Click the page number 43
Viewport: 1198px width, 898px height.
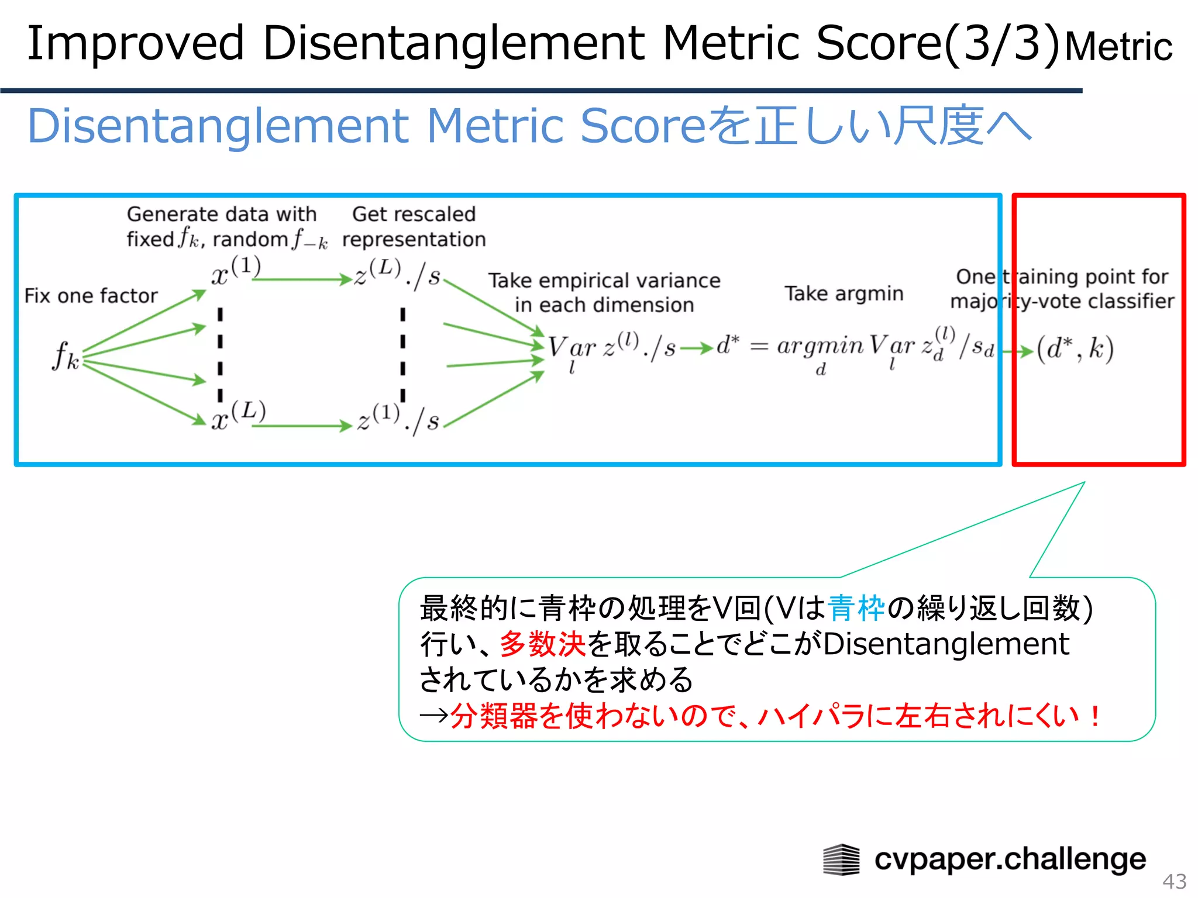click(x=1174, y=881)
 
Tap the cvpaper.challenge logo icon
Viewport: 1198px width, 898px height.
click(x=841, y=860)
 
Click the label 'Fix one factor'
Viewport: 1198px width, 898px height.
click(x=91, y=296)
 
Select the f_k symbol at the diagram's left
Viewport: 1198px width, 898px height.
click(x=65, y=355)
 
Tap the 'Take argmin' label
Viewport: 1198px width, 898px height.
click(x=844, y=293)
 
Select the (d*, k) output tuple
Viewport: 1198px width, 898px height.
click(x=1075, y=350)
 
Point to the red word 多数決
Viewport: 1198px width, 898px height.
click(x=542, y=644)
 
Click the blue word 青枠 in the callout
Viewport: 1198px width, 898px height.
click(x=856, y=608)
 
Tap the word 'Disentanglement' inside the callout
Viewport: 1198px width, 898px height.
click(x=946, y=644)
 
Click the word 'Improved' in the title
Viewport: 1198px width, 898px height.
click(x=135, y=43)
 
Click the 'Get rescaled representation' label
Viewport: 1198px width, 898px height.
click(x=414, y=227)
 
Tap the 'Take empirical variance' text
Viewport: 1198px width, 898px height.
click(x=604, y=281)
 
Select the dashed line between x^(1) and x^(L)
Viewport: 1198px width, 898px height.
click(x=220, y=354)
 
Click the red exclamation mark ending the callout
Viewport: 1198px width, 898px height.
click(x=1095, y=716)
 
